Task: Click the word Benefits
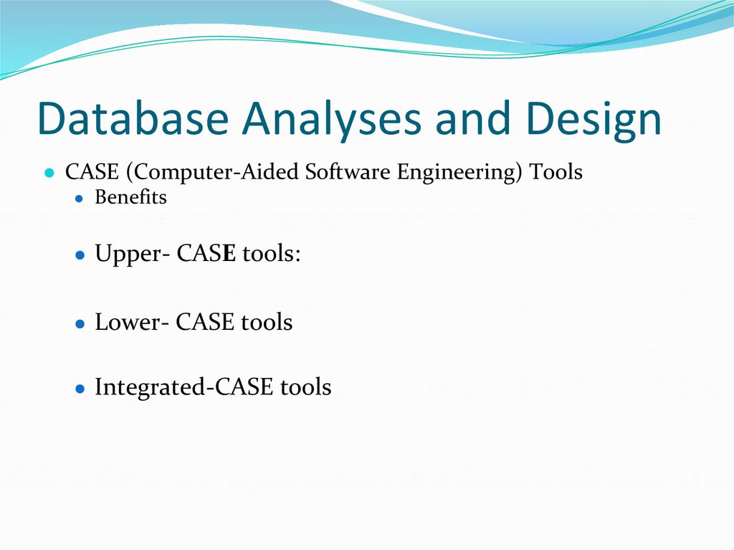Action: coord(130,197)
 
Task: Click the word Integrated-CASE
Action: coord(184,388)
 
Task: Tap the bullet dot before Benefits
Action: coord(80,199)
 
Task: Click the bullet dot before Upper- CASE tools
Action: coord(80,255)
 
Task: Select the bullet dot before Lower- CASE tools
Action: coord(80,323)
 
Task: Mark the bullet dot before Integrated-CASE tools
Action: coord(80,389)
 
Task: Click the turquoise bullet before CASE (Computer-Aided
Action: coord(49,174)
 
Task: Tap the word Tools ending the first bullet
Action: coord(556,173)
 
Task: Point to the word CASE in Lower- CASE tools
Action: coord(205,323)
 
